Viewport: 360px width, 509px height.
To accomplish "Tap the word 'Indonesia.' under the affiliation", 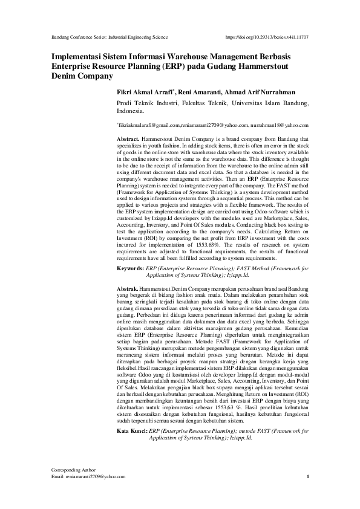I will coord(130,111).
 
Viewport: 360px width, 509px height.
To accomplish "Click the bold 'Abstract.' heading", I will coord(128,139).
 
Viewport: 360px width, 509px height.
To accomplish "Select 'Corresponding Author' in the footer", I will coord(68,469).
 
